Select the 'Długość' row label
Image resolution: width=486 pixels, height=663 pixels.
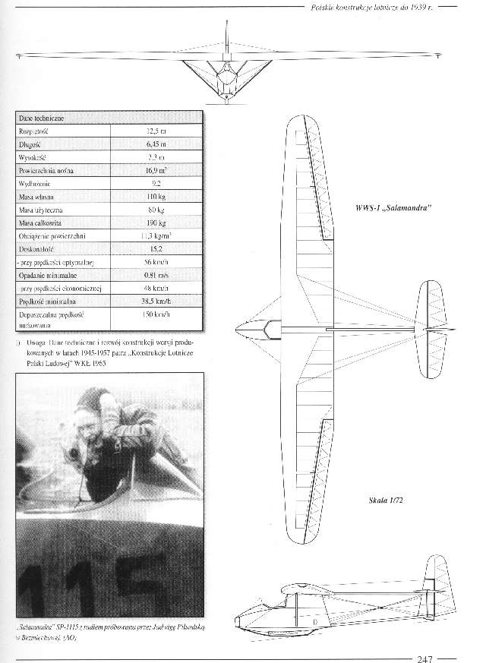(33, 144)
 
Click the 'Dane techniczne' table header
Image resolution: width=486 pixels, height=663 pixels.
(44, 118)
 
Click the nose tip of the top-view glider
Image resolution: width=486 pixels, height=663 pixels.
(238, 328)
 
